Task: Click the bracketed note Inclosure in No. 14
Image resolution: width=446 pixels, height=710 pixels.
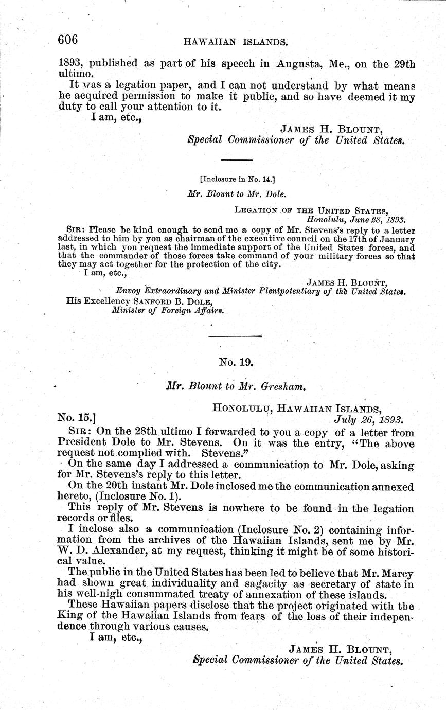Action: coord(237,180)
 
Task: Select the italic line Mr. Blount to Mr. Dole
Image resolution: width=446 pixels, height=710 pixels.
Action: coord(237,194)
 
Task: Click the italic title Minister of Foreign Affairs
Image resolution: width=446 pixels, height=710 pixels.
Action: coord(168,310)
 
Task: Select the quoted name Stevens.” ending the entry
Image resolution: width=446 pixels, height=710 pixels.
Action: coord(222,455)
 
